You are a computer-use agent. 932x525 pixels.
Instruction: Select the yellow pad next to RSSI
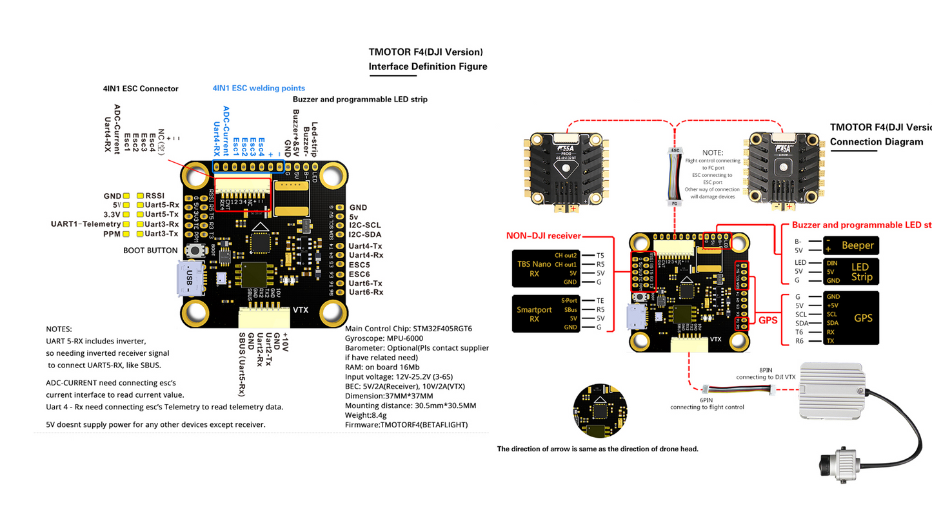tap(139, 195)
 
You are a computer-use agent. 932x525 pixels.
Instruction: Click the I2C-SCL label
tap(365, 225)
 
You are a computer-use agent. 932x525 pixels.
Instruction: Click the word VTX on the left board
tap(301, 310)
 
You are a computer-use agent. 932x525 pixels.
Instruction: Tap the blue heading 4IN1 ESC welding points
tap(259, 88)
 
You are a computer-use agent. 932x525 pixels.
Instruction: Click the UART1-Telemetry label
tap(86, 223)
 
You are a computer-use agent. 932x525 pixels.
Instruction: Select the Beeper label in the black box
tap(857, 245)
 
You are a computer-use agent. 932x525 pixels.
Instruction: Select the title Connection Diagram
tap(876, 141)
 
